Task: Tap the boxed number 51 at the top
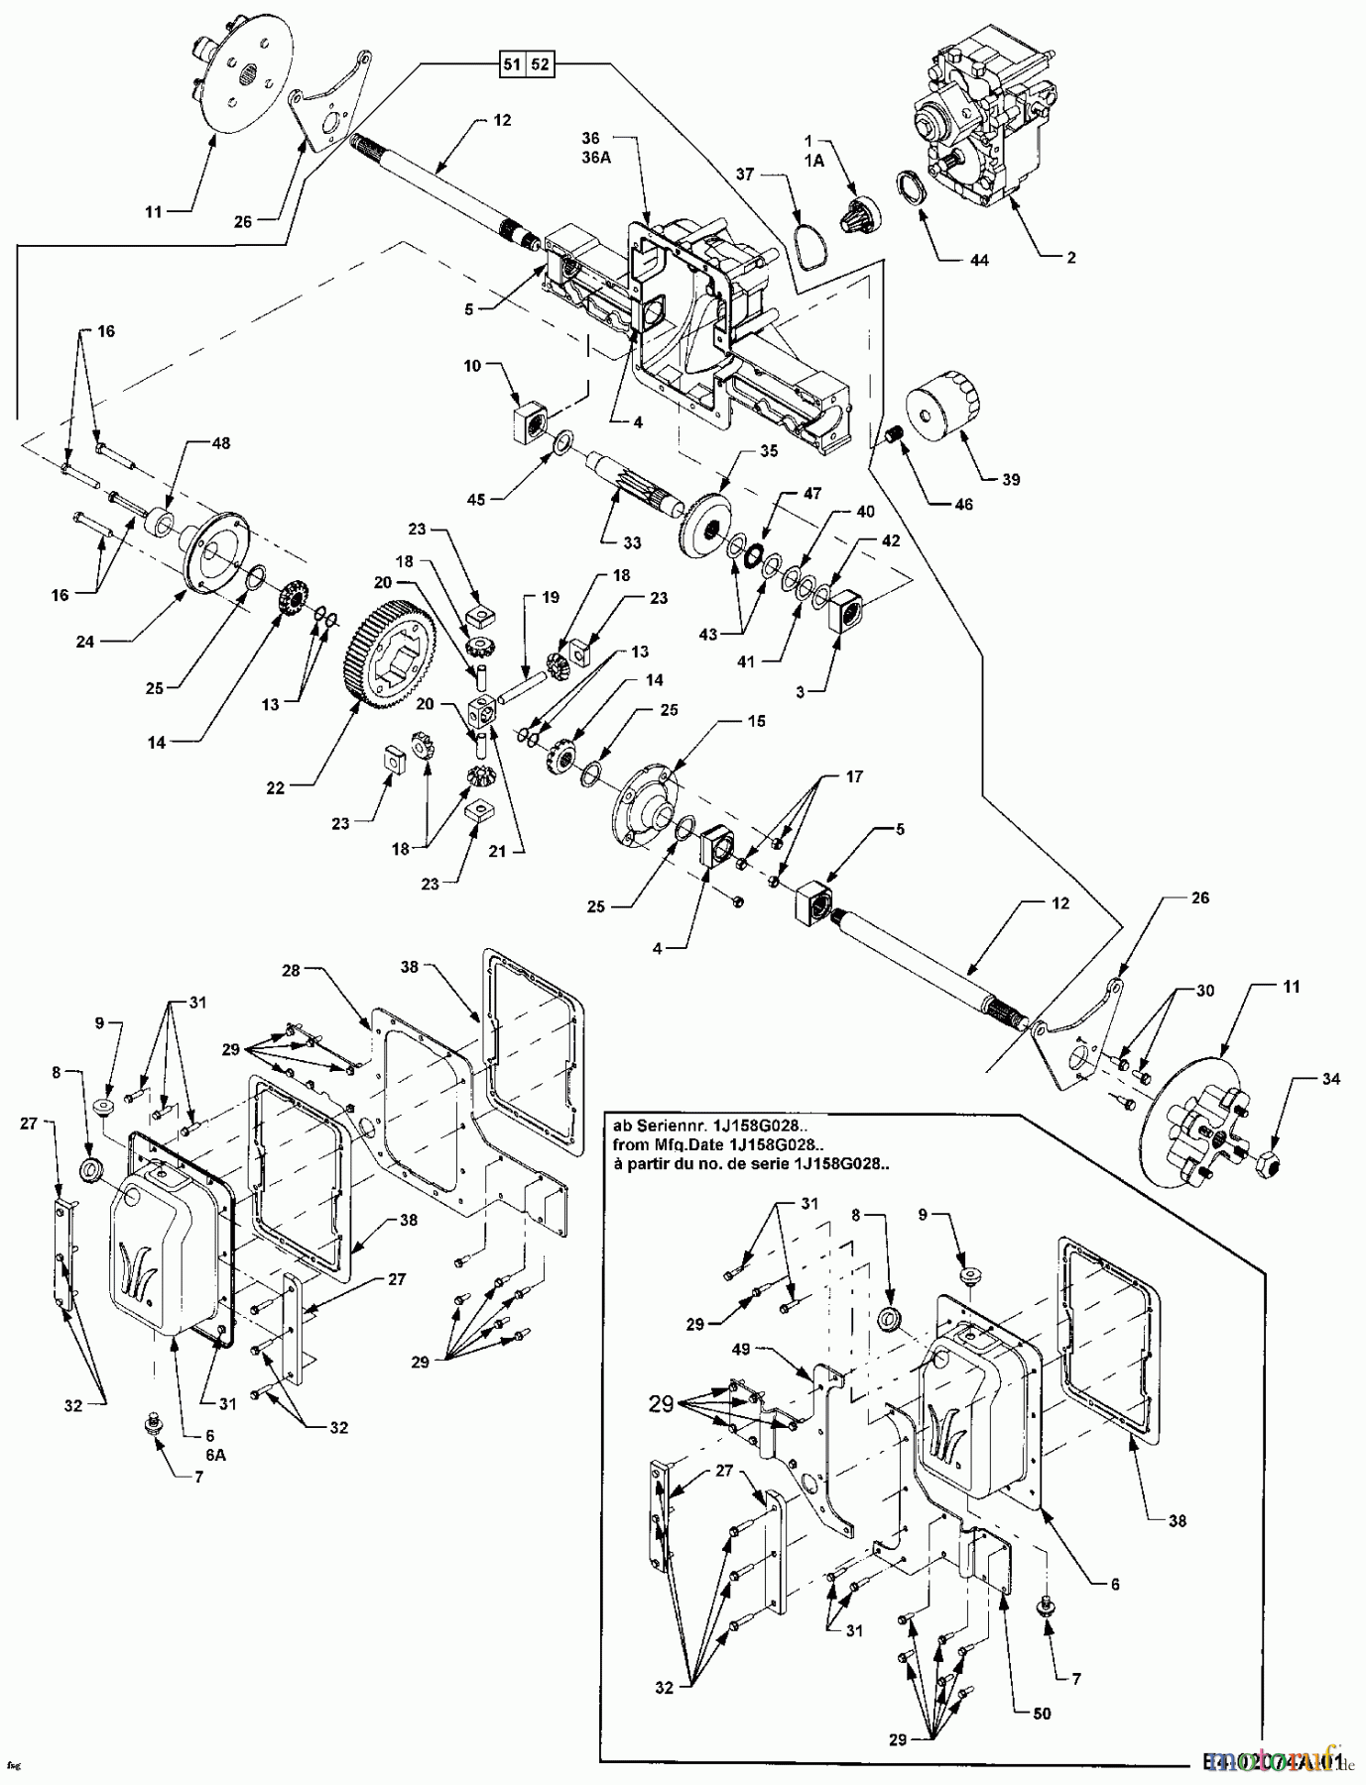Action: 512,65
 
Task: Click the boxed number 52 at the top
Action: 540,65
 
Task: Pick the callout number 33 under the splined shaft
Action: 632,542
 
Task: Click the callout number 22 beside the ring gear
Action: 275,788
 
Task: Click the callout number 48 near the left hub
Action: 220,443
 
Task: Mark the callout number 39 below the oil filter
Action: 1011,479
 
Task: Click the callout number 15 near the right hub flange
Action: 756,721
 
